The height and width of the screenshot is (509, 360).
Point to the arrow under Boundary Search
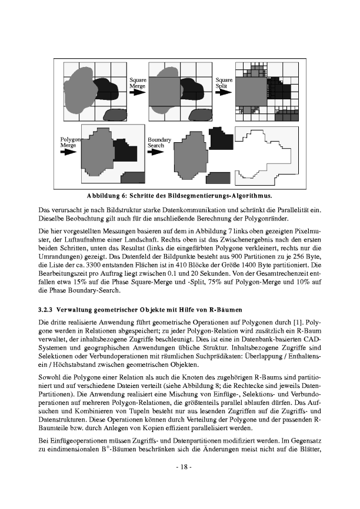pos(155,151)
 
